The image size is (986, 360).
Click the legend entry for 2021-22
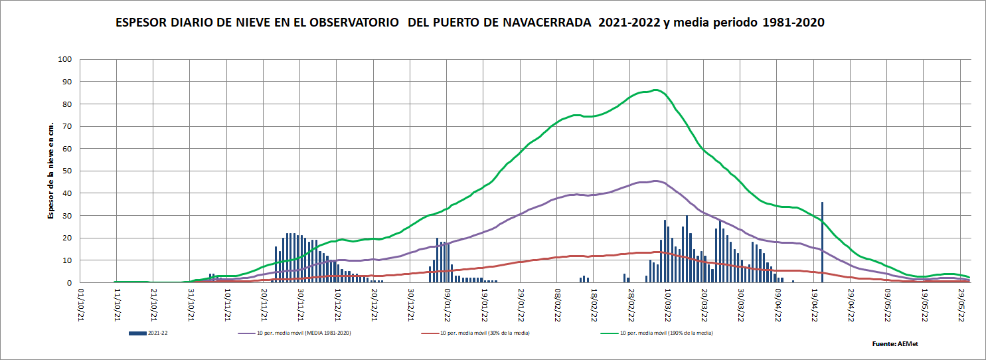coord(152,332)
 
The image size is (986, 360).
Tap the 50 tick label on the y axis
coord(66,171)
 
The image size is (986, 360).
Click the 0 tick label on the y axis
coord(69,282)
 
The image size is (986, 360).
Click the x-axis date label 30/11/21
coord(301,303)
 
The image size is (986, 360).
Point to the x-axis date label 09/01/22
coord(448,303)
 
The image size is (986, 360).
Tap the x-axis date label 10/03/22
coord(668,303)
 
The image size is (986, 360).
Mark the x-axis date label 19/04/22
coord(815,303)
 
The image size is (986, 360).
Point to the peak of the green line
coord(655,90)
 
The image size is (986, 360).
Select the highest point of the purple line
coord(655,181)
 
